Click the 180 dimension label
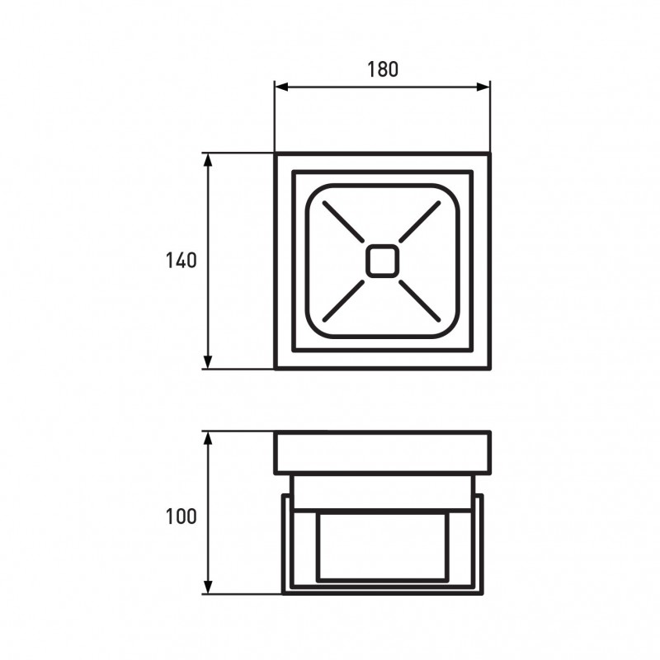(x=383, y=69)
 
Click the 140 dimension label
(x=181, y=261)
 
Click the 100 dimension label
(x=181, y=516)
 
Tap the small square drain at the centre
(x=382, y=261)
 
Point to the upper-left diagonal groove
(x=343, y=222)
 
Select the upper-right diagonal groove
(x=420, y=222)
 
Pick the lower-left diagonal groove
(x=343, y=300)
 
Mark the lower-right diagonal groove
(x=420, y=300)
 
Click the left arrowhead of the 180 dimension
(x=281, y=87)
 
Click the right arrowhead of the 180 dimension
(x=483, y=87)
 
